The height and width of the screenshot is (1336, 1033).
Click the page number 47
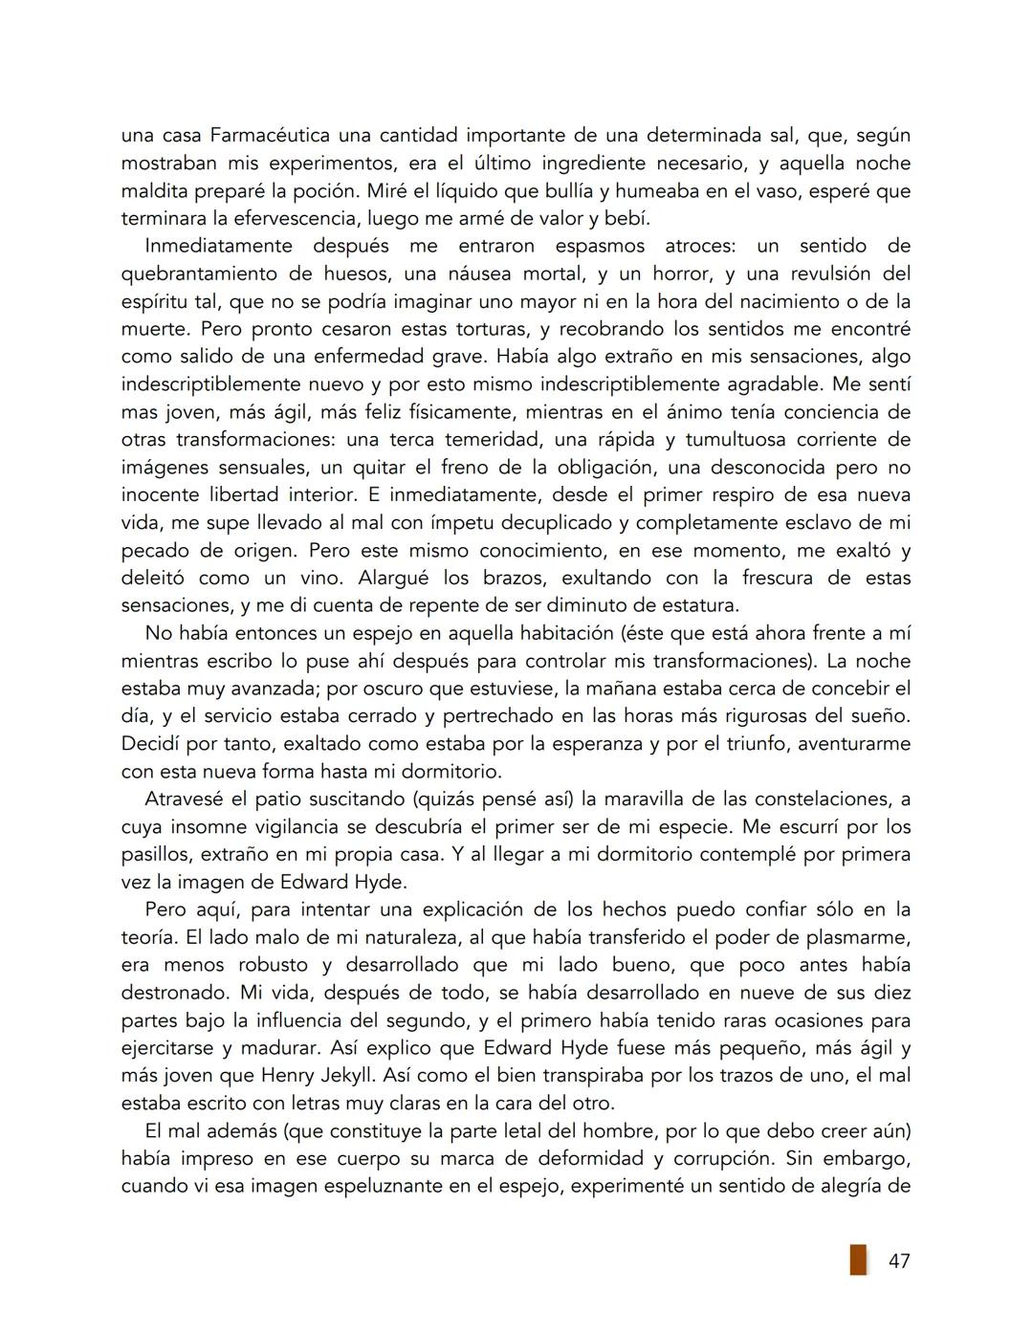tap(898, 1261)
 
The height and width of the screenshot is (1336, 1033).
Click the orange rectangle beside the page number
tap(858, 1259)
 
